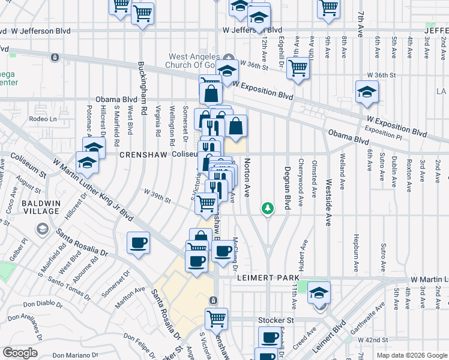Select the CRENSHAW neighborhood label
[142, 154]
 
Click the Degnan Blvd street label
[288, 188]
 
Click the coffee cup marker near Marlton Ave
[139, 243]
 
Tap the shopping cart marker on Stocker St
[216, 319]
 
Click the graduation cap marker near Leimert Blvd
[319, 293]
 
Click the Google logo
[20, 353]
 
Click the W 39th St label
[157, 191]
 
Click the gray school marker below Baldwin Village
[42, 229]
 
